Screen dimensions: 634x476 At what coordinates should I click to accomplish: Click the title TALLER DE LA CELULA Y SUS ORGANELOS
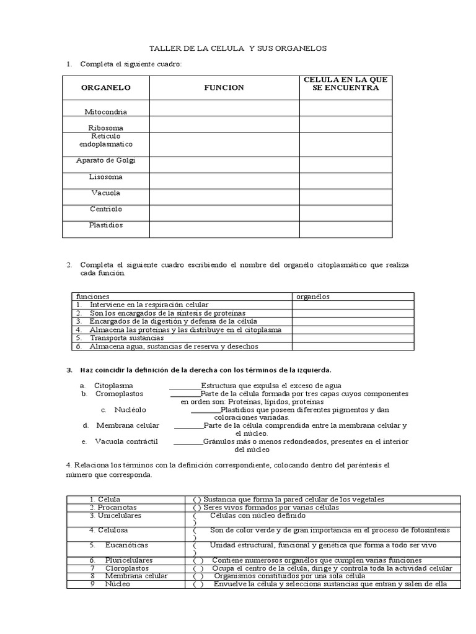(239, 48)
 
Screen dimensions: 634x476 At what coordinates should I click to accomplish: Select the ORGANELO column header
(106, 88)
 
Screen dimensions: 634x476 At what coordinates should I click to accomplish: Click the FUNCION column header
(224, 88)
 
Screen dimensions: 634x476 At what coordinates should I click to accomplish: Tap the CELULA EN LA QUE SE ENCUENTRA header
(346, 84)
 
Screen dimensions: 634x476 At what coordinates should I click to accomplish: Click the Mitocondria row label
(106, 111)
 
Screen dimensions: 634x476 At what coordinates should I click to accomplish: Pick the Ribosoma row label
(106, 128)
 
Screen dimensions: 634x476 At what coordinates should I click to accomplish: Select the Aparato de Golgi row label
(106, 160)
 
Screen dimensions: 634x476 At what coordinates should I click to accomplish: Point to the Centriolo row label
(106, 209)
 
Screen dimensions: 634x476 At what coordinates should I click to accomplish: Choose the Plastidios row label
(106, 225)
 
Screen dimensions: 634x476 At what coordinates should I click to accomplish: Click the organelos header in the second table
(313, 297)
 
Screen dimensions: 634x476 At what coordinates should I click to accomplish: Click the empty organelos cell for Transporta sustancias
(353, 338)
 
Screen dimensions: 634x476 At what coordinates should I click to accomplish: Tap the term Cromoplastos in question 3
(119, 393)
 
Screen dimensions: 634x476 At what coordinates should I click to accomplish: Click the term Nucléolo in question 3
(130, 410)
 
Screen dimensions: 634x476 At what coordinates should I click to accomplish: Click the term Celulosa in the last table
(111, 530)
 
